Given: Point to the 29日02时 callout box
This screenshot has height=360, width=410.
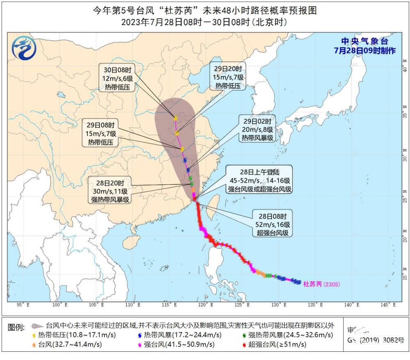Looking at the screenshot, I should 257,129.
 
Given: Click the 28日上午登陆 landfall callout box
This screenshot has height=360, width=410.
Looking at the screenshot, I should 260,180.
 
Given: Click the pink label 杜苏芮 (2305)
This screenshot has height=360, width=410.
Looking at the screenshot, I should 321,284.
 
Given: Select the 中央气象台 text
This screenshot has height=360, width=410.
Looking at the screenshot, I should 364,41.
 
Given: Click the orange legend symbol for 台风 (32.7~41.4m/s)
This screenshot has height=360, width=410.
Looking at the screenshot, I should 34,345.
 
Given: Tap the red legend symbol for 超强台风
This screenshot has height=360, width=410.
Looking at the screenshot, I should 244,345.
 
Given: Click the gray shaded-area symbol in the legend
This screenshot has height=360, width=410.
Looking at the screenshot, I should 37,326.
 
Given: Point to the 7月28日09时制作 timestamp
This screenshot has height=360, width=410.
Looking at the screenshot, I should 364,50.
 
